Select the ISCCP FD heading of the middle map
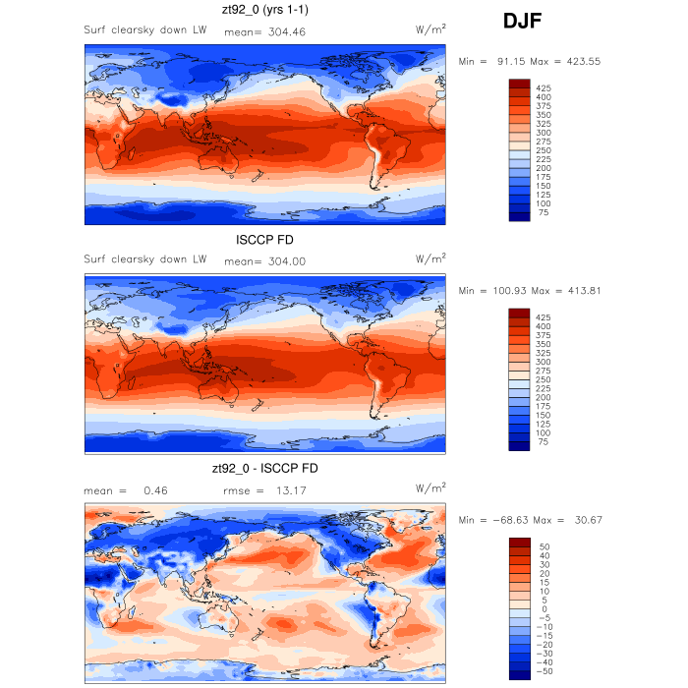point(264,240)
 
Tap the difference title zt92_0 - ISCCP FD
point(264,469)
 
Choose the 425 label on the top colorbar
point(544,88)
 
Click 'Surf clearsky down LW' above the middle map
point(144,259)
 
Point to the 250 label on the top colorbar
point(544,149)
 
